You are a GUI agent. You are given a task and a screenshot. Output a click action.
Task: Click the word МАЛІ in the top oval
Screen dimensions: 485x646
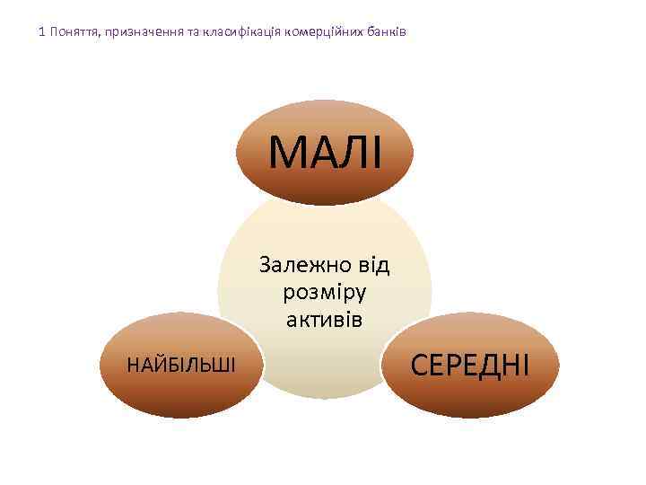[325, 152]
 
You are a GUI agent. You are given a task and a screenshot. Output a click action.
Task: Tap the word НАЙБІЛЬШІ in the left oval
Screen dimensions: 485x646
[181, 365]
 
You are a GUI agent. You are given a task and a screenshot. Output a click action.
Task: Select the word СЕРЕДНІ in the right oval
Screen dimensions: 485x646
[470, 365]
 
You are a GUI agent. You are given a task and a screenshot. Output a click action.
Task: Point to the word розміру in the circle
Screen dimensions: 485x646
[324, 293]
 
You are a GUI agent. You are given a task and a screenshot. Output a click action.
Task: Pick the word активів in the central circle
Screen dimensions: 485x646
[324, 319]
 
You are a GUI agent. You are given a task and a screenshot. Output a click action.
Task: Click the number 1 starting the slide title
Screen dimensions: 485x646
[42, 32]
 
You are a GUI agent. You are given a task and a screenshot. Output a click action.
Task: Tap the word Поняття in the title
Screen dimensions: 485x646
[74, 32]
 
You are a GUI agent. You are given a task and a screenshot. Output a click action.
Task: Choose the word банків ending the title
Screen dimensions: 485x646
[388, 32]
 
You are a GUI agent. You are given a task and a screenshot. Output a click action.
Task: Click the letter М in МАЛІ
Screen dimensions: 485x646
[288, 152]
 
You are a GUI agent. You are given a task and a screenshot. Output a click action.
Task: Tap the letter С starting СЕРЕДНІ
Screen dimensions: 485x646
[420, 365]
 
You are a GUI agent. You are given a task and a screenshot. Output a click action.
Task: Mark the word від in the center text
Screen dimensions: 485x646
[371, 265]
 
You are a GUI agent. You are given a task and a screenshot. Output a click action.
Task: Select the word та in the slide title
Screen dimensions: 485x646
[197, 32]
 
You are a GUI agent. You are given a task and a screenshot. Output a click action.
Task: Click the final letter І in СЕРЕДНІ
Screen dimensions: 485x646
[525, 365]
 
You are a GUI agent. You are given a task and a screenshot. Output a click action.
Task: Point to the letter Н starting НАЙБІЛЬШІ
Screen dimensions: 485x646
[133, 365]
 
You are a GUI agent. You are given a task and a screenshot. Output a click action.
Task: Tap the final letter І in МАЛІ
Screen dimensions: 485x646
[374, 152]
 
